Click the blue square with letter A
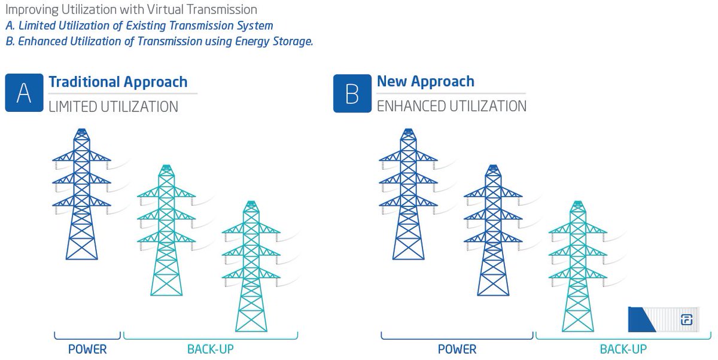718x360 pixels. (24, 93)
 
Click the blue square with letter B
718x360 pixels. (352, 93)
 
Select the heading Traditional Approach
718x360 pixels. (118, 82)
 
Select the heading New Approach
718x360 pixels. (425, 81)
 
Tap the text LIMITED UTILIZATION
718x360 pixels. (113, 107)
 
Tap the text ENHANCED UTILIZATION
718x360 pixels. (452, 106)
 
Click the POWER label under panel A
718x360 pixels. (87, 349)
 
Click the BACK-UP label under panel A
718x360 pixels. (210, 349)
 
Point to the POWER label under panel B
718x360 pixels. (457, 349)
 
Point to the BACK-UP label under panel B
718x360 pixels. (623, 349)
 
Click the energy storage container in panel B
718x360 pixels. (664, 319)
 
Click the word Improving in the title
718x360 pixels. (28, 10)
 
